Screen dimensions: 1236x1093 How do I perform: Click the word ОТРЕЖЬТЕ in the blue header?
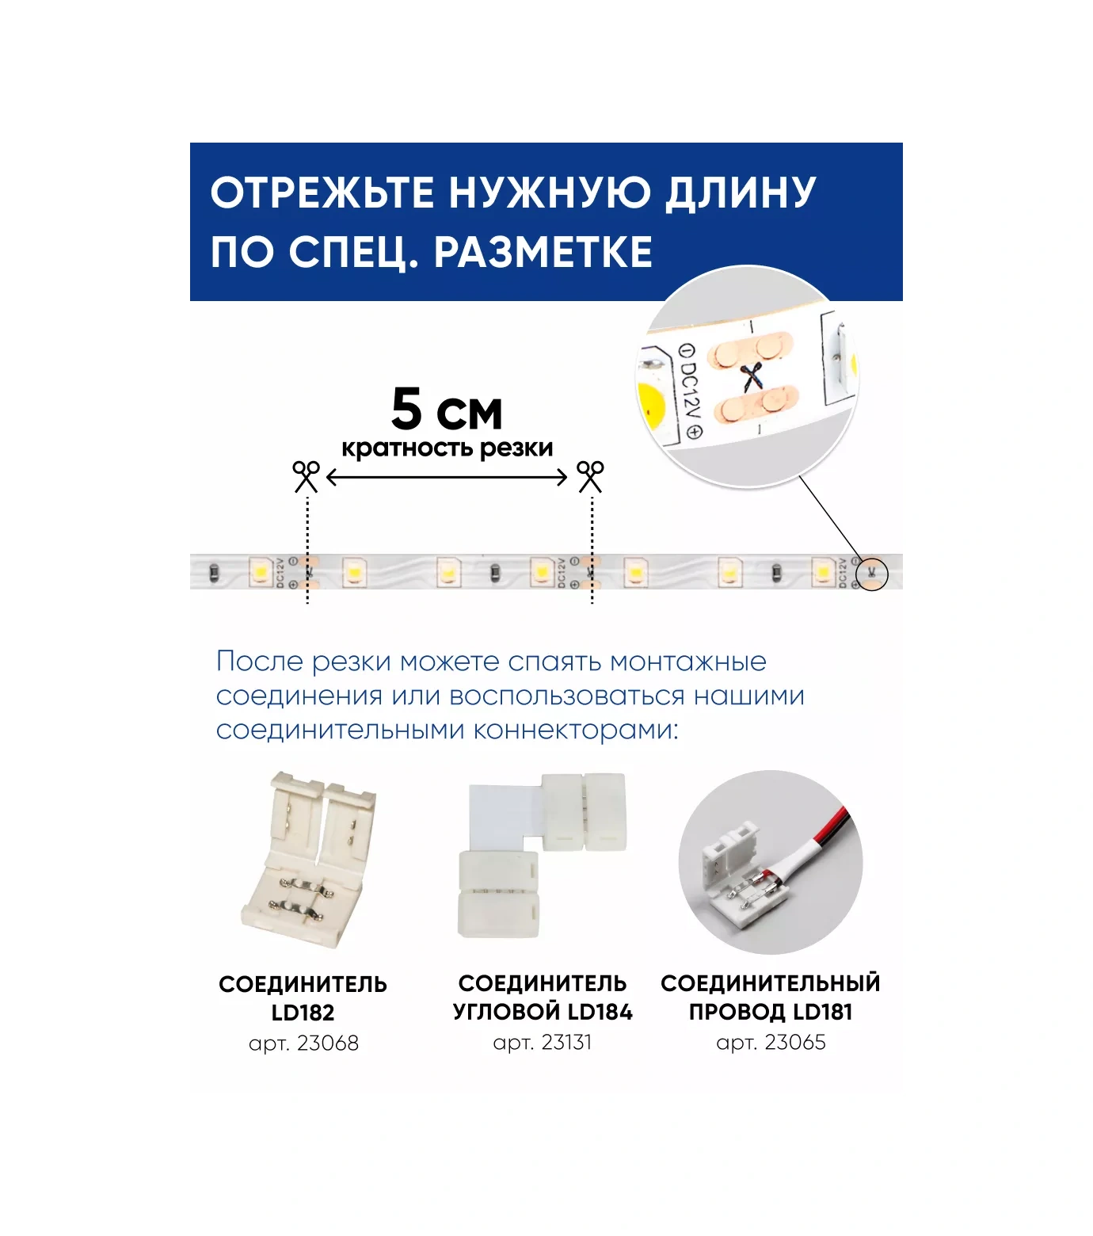(x=322, y=193)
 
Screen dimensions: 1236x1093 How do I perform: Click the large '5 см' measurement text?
(x=447, y=410)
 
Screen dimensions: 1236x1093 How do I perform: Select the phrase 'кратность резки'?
(x=447, y=448)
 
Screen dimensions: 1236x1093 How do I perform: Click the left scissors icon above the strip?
(x=307, y=476)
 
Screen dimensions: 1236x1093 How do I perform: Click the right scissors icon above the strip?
(x=590, y=476)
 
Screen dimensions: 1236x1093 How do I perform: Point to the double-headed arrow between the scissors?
(x=447, y=477)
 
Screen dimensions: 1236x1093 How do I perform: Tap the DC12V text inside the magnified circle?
(x=690, y=389)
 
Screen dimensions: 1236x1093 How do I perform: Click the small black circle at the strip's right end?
(x=872, y=573)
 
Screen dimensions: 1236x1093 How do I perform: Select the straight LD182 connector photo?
(x=309, y=860)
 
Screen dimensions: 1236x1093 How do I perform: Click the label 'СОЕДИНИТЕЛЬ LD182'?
(x=303, y=998)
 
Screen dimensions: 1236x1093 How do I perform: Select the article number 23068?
(x=326, y=1043)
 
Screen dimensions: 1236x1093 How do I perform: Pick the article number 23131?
(x=566, y=1042)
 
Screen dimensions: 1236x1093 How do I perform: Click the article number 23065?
(x=794, y=1042)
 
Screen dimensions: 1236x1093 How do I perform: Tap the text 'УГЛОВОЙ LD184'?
(x=543, y=1012)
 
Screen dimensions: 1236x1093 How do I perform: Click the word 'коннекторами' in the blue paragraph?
(x=575, y=730)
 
